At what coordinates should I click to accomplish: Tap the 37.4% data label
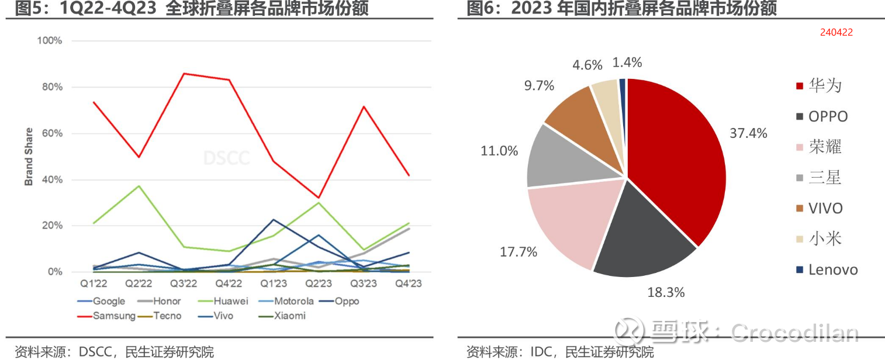point(748,134)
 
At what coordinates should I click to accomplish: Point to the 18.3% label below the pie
point(666,292)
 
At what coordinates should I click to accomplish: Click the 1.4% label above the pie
point(627,63)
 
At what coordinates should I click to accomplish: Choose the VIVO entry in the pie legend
point(825,209)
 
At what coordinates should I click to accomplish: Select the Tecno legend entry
point(167,316)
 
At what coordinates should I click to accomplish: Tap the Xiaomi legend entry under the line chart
point(289,316)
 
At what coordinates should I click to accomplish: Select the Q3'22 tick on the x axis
point(183,284)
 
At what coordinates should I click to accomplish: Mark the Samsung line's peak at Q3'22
point(184,74)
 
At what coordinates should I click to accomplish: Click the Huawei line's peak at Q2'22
point(139,186)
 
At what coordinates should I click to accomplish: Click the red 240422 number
point(836,33)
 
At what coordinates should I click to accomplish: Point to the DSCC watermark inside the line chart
point(226,158)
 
